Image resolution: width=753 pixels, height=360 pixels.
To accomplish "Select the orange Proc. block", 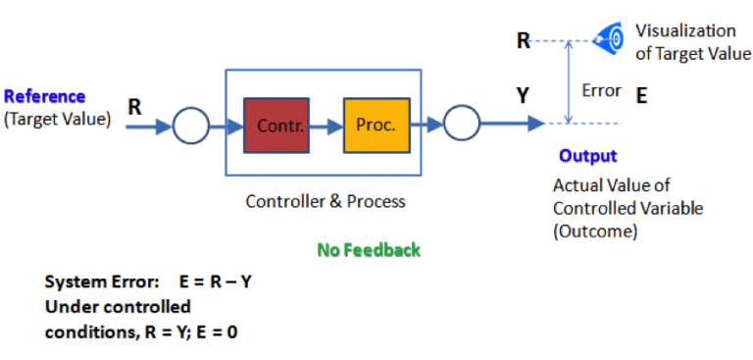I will click(x=376, y=126).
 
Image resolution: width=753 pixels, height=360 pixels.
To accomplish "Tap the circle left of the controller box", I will click(x=190, y=126).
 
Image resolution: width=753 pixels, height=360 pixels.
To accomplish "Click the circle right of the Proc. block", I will click(x=461, y=125).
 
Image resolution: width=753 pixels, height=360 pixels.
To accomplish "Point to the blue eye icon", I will click(x=611, y=40).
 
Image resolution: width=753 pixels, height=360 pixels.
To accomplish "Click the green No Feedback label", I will click(x=369, y=250).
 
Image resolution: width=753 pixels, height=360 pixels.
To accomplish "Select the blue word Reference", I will click(x=44, y=97).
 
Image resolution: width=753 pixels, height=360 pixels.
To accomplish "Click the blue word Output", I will click(x=587, y=156).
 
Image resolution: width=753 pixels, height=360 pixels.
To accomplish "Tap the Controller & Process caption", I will click(x=325, y=202).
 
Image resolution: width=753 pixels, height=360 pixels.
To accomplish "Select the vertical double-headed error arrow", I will click(x=568, y=82).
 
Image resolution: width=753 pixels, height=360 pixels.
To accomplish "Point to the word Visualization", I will click(x=684, y=31).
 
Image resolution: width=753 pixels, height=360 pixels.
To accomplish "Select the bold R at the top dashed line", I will click(x=524, y=41).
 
